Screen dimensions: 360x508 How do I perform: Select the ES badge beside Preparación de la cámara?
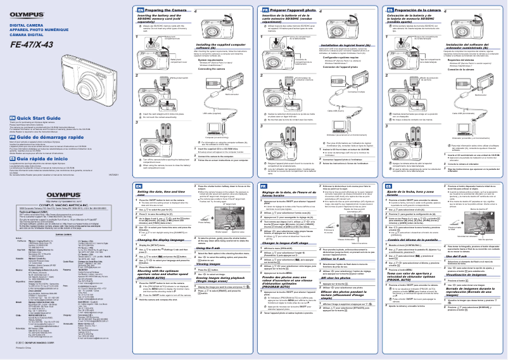click(x=388, y=11)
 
